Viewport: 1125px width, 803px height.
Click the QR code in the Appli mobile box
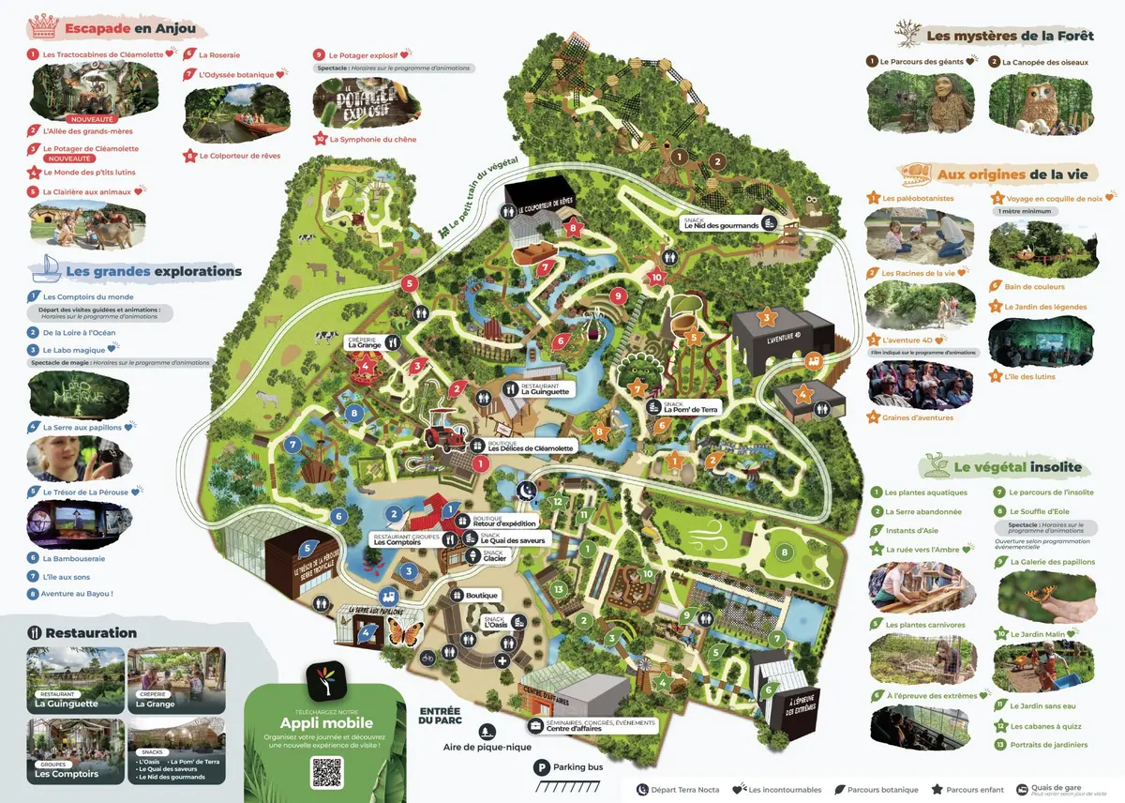coord(327,770)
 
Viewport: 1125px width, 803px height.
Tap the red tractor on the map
coord(442,434)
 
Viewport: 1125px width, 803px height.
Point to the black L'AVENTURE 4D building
coord(783,333)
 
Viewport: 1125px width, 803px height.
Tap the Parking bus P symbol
coord(541,767)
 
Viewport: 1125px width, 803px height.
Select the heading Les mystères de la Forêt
coord(1009,36)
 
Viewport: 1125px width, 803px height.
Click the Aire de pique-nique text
coord(487,747)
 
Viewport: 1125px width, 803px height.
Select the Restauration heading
coord(91,633)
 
